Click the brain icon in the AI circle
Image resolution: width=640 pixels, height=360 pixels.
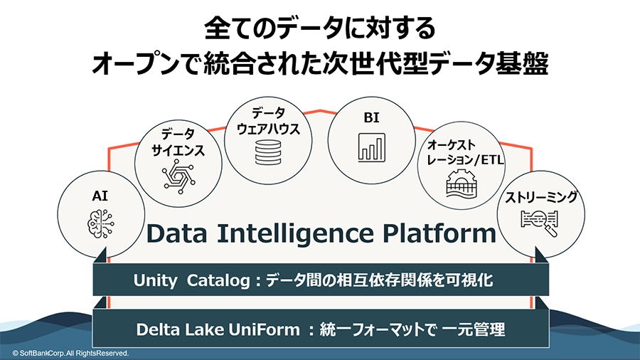101,223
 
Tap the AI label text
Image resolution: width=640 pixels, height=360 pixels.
100,196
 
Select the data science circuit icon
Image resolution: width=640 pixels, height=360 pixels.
178,176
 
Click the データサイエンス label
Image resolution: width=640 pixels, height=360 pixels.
178,142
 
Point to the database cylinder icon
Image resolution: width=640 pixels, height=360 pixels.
268,152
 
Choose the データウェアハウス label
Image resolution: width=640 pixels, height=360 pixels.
268,121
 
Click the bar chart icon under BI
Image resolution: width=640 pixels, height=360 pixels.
371,147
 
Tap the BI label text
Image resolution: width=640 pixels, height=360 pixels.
371,117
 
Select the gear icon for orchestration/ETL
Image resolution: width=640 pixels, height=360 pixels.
462,184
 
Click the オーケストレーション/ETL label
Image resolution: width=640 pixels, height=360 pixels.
465,152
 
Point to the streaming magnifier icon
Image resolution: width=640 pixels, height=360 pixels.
540,223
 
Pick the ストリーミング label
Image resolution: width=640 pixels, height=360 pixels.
541,197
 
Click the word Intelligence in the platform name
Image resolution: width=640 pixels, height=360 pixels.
295,233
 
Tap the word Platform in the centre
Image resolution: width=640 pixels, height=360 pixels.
439,233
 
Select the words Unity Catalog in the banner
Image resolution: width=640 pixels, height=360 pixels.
191,281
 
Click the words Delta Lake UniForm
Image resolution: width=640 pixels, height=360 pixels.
218,329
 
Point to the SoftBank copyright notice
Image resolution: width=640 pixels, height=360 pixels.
70,353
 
